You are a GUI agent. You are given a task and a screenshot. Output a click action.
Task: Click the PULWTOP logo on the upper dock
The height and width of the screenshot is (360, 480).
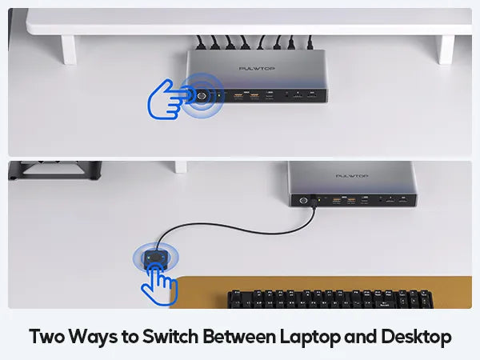coord(257,68)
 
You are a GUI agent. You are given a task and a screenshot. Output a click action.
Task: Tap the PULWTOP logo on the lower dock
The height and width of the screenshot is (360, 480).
coord(352,176)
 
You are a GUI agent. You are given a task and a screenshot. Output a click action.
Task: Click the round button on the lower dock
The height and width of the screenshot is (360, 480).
coord(303,201)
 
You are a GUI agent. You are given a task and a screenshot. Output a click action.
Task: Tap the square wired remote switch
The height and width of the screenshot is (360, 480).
coord(156,259)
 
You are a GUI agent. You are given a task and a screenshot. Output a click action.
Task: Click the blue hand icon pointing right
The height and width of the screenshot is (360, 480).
coord(167,99)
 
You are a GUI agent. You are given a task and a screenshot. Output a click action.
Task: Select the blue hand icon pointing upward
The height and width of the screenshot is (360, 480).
coord(159,285)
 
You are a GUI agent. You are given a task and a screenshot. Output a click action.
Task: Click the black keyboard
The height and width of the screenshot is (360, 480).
coord(330,298)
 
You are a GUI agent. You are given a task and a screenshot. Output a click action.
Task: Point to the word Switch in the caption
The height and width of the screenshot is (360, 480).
coord(170,337)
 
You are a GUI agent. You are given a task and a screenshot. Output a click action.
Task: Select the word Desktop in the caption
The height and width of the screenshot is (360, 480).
coord(416,337)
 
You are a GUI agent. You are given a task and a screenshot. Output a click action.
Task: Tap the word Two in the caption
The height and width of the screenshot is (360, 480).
coord(47,337)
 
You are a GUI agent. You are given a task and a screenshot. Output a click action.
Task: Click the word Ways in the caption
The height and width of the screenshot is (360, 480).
coord(93,338)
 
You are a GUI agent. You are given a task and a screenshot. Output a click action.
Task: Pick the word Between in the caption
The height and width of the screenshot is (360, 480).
coord(239,337)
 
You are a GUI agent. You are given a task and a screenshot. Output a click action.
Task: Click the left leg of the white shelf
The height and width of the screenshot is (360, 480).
coord(69,50)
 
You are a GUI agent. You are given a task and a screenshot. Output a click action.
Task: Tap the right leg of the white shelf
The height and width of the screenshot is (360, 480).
coord(446,50)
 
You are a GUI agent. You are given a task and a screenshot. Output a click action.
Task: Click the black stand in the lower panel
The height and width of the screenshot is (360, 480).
coord(55,170)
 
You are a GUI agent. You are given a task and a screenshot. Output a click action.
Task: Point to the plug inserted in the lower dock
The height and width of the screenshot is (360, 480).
coord(313,201)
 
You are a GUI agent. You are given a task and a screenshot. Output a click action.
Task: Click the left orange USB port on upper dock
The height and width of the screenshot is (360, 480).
coord(238,96)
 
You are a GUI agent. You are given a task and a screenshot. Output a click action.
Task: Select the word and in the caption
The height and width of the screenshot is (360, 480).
coord(361,337)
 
